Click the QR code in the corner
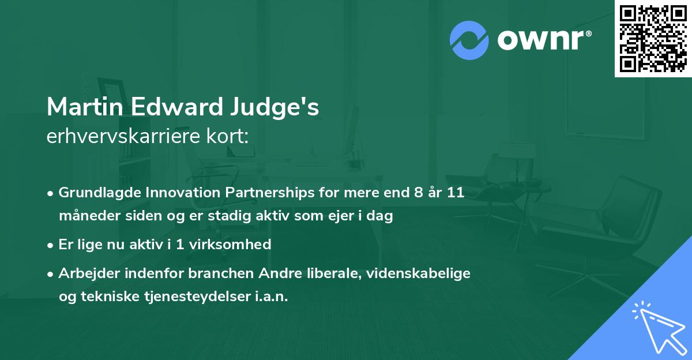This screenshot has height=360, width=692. [x=653, y=38]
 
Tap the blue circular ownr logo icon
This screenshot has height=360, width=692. [x=469, y=40]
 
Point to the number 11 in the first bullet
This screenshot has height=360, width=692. [x=456, y=193]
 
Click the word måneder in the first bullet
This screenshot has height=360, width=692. [x=86, y=216]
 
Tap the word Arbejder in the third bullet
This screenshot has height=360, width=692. [x=85, y=273]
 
